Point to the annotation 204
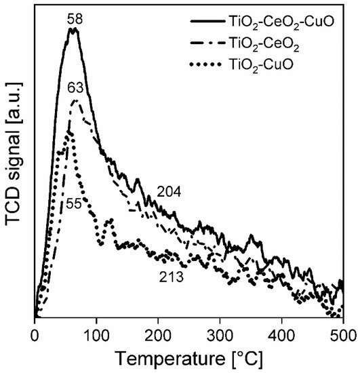[169, 192]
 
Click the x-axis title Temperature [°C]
[189, 356]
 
